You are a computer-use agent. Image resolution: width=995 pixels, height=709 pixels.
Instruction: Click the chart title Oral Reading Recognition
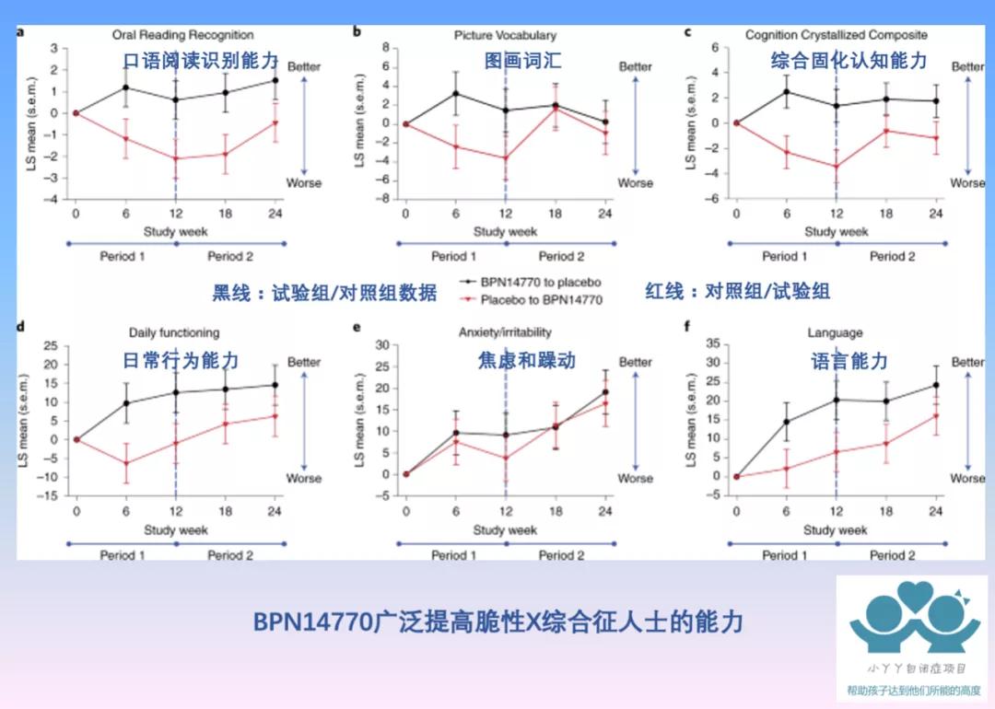tap(182, 35)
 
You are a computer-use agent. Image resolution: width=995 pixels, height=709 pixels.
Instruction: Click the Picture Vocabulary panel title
tap(505, 35)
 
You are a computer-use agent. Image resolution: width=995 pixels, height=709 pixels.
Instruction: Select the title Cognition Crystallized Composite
tap(836, 35)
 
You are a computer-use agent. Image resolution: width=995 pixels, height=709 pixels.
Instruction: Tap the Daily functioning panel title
tap(173, 332)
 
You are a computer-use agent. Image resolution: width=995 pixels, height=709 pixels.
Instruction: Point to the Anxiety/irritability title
tap(505, 332)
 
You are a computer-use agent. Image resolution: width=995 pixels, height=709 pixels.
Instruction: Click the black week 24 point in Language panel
tap(935, 385)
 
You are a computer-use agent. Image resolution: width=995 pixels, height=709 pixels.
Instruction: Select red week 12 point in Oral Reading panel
tap(175, 158)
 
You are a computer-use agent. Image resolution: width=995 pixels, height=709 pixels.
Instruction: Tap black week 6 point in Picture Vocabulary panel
tap(454, 93)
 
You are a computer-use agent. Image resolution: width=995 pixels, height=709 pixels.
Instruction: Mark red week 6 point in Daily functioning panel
tap(125, 462)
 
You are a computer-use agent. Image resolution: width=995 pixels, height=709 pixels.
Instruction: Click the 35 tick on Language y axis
tap(712, 343)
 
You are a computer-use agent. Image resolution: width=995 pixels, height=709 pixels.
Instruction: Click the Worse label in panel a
tap(304, 182)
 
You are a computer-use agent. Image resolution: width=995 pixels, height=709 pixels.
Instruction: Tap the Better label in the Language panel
tap(967, 362)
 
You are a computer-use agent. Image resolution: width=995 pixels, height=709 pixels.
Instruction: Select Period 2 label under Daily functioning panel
tap(230, 554)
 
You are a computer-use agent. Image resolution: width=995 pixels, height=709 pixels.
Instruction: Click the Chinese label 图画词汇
tap(522, 62)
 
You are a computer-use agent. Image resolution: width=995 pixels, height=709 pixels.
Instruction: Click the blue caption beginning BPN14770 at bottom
tap(497, 622)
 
